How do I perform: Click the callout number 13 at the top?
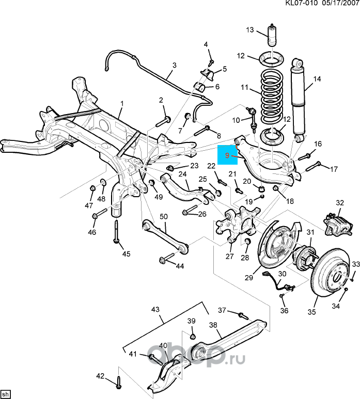click(x=249, y=30)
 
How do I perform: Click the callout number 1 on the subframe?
click(x=121, y=103)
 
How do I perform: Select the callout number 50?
click(x=163, y=217)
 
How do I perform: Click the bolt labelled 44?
click(x=166, y=259)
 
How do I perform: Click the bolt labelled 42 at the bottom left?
click(x=119, y=382)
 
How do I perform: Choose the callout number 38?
click(x=213, y=326)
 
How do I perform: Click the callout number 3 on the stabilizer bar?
click(x=174, y=65)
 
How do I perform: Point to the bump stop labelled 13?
click(x=271, y=37)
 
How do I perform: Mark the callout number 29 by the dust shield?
click(x=249, y=277)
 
